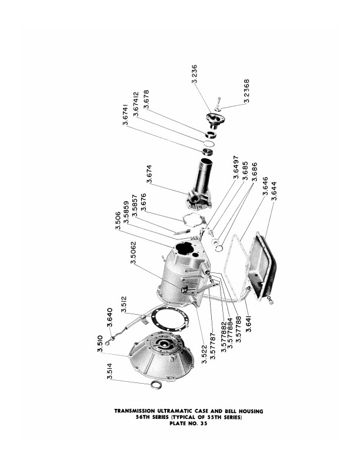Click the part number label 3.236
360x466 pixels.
click(195, 74)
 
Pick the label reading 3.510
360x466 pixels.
click(99, 344)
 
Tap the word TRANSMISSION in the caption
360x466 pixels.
click(140, 411)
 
